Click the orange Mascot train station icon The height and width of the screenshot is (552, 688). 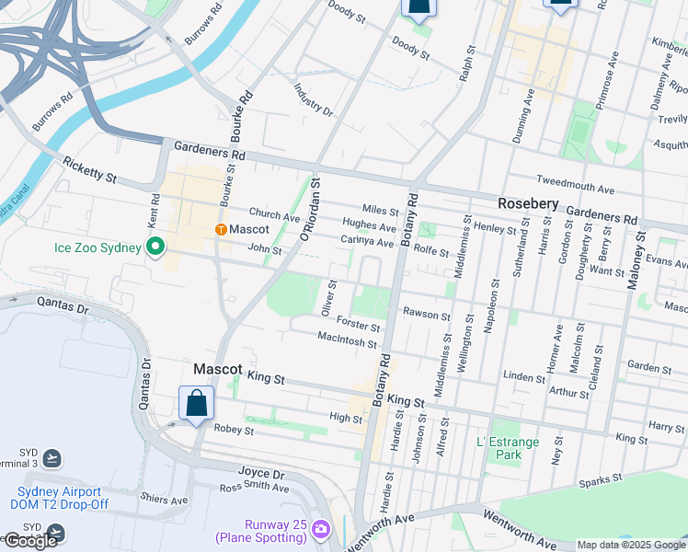coord(221,229)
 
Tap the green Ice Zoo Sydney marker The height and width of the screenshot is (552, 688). coord(155,247)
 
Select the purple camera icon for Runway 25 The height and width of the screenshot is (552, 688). coord(320,528)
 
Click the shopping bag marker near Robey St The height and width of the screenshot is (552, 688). coord(197,403)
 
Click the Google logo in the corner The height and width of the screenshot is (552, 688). coord(30,541)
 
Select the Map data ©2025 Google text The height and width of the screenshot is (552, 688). coord(631,545)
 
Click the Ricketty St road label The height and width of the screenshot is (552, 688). coord(90,168)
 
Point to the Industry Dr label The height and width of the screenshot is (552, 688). coord(314,99)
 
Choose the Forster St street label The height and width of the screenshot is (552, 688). coord(358,326)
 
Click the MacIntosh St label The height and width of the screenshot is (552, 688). coord(347,342)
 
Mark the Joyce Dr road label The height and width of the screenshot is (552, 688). coord(261,474)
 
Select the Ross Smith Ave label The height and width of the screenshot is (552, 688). coord(254,487)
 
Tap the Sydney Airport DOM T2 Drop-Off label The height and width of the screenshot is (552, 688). coord(61,498)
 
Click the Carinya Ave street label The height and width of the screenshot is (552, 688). coord(367,240)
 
